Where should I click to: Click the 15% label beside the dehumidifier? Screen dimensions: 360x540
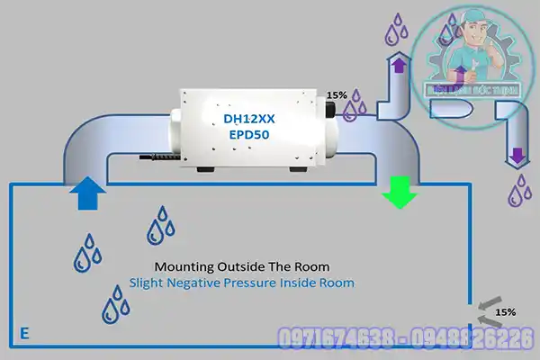pyautogui.click(x=336, y=94)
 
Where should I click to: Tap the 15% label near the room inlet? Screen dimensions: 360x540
pyautogui.click(x=506, y=311)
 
